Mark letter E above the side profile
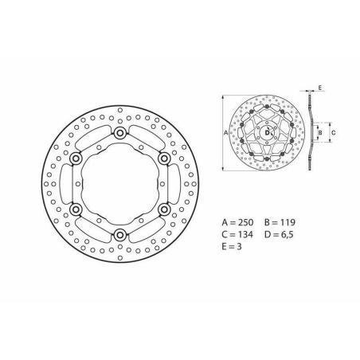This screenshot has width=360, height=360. (x=320, y=84)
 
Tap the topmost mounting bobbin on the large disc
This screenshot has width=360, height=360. (x=120, y=133)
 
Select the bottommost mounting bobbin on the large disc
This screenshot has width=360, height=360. (x=120, y=234)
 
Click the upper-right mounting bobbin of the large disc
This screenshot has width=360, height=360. (x=164, y=158)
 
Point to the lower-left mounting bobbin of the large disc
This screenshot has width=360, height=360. (x=76, y=209)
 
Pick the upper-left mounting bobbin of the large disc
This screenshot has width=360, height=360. (x=76, y=158)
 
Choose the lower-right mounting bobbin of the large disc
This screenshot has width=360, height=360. (x=164, y=209)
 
